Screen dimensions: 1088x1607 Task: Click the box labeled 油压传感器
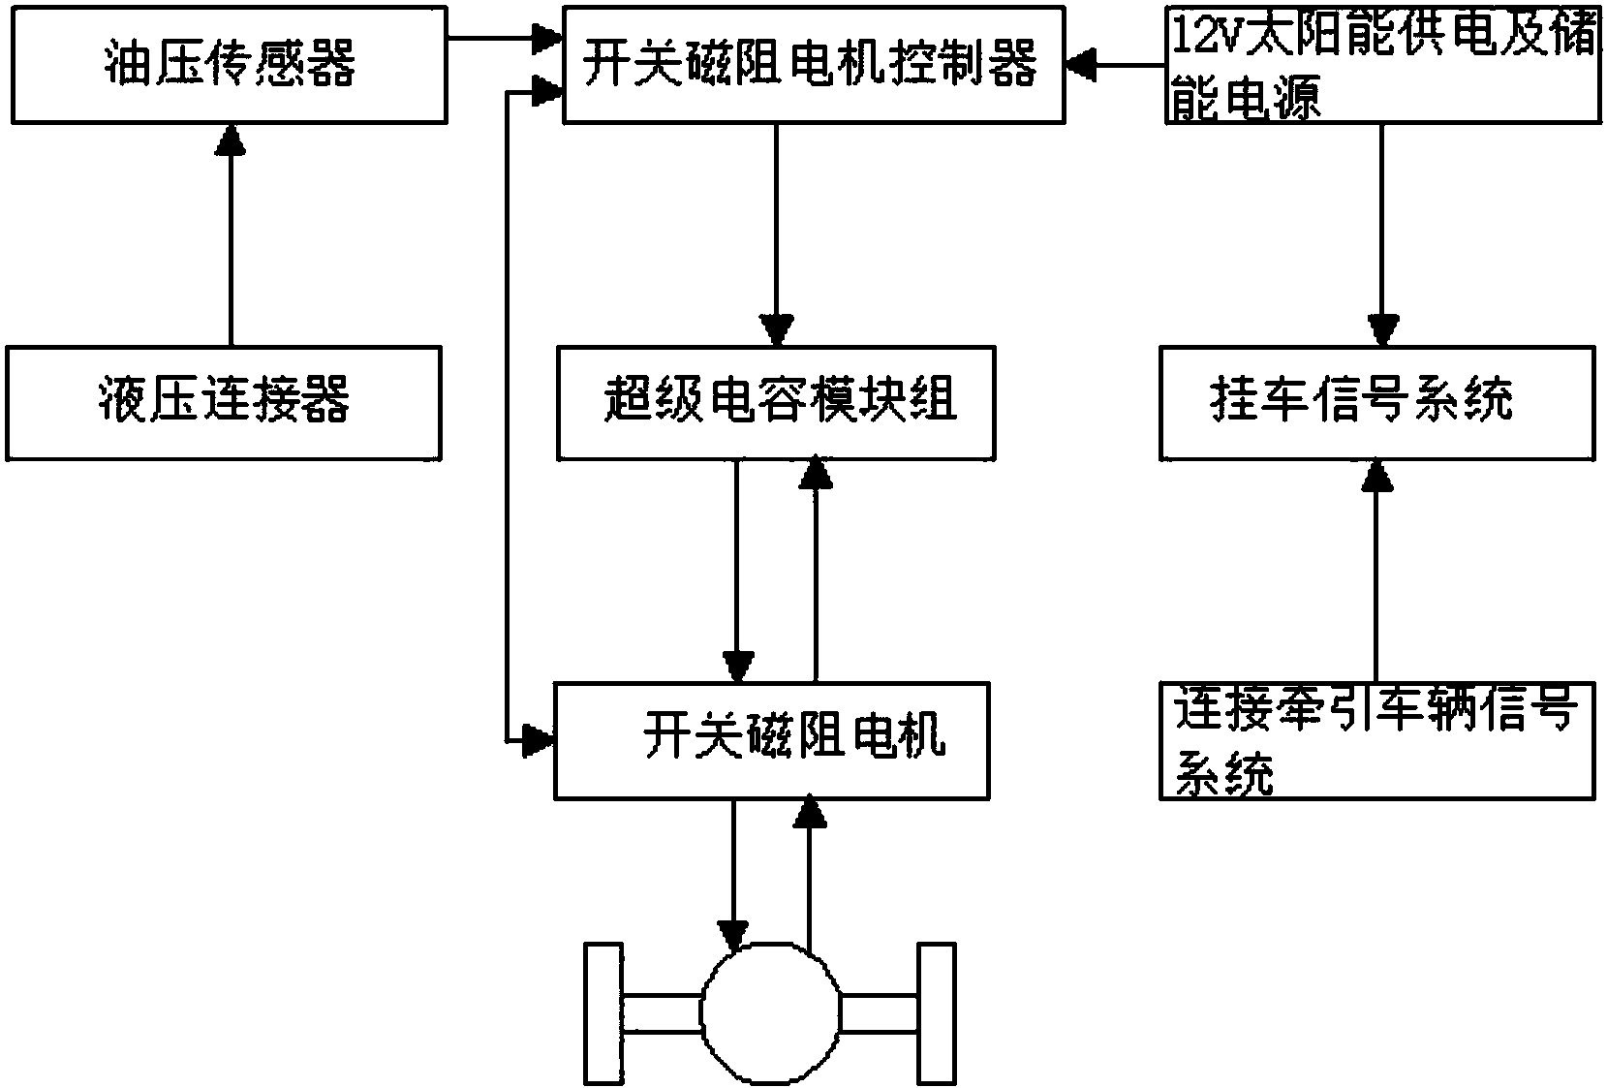pyautogui.click(x=229, y=65)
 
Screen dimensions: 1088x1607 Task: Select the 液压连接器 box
pyautogui.click(x=223, y=401)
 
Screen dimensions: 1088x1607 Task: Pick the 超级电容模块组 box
pyautogui.click(x=775, y=401)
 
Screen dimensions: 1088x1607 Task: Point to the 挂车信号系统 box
pyautogui.click(x=1376, y=401)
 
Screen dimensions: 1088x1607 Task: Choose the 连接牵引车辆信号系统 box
pyautogui.click(x=1376, y=740)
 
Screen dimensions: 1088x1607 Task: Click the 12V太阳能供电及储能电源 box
pyautogui.click(x=1381, y=63)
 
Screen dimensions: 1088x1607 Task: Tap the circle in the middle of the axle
pyautogui.click(x=772, y=1014)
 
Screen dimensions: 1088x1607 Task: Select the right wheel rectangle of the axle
pyautogui.click(x=936, y=1014)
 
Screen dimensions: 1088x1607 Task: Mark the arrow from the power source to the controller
pyautogui.click(x=1114, y=65)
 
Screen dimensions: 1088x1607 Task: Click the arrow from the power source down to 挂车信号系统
pyautogui.click(x=1381, y=233)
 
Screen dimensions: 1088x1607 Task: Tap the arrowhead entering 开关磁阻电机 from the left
pyautogui.click(x=536, y=740)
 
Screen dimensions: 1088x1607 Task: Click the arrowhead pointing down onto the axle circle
pyautogui.click(x=734, y=935)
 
